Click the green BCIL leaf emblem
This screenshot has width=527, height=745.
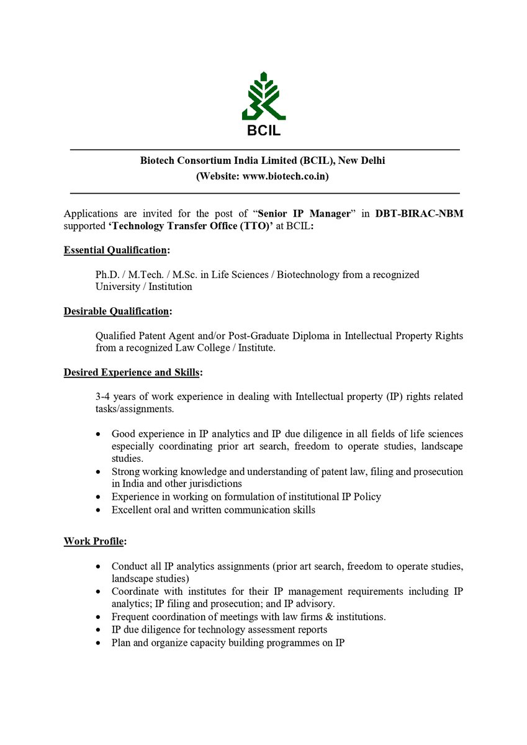[x=264, y=97]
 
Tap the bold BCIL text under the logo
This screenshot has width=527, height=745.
[x=264, y=131]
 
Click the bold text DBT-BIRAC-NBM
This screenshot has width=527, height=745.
[x=419, y=214]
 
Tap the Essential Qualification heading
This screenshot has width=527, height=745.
[x=116, y=250]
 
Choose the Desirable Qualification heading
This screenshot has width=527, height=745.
[x=117, y=311]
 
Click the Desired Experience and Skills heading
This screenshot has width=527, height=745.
[x=132, y=372]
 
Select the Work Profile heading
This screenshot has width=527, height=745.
[x=94, y=541]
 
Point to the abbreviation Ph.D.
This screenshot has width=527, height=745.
[x=106, y=274]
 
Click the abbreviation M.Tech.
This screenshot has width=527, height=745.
[x=140, y=274]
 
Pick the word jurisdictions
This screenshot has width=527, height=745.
[x=210, y=483]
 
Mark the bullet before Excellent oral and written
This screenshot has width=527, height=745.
[x=98, y=510]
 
